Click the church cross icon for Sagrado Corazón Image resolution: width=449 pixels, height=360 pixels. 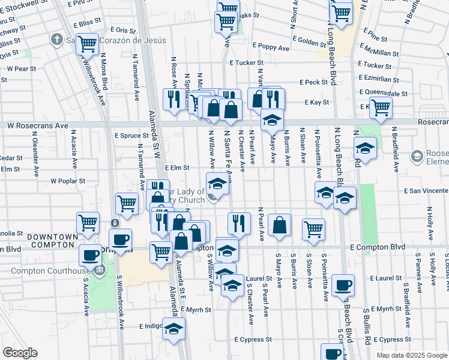click(57, 40)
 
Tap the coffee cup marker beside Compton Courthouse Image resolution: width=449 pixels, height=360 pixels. click(91, 254)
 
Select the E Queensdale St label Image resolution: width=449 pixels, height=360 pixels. click(384, 93)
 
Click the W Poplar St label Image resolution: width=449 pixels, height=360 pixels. click(68, 180)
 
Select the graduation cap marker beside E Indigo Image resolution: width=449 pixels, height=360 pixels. click(174, 328)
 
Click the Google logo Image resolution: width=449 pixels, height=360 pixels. click(20, 353)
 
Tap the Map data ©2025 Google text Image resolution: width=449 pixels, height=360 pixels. click(411, 355)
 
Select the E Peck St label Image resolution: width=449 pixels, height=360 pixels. click(313, 82)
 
